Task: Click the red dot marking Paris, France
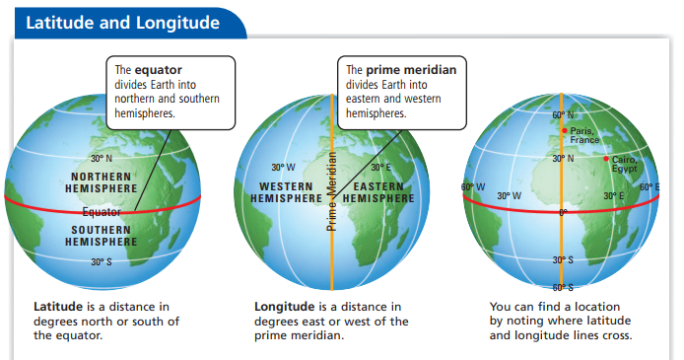pyautogui.click(x=564, y=130)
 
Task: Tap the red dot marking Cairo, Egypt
pyautogui.click(x=605, y=158)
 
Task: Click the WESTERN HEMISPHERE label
pyautogui.click(x=288, y=192)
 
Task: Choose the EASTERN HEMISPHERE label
pyautogui.click(x=377, y=192)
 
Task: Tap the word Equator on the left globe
pyautogui.click(x=102, y=211)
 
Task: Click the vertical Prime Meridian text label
pyautogui.click(x=332, y=191)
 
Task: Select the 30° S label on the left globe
pyautogui.click(x=102, y=261)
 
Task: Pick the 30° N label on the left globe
pyautogui.click(x=102, y=158)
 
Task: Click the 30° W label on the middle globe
pyautogui.click(x=283, y=167)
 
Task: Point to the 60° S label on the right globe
pyautogui.click(x=562, y=287)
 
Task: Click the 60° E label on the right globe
pyautogui.click(x=650, y=186)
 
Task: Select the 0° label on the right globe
pyautogui.click(x=563, y=212)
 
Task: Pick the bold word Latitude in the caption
pyautogui.click(x=59, y=307)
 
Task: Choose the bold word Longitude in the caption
pyautogui.click(x=284, y=307)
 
